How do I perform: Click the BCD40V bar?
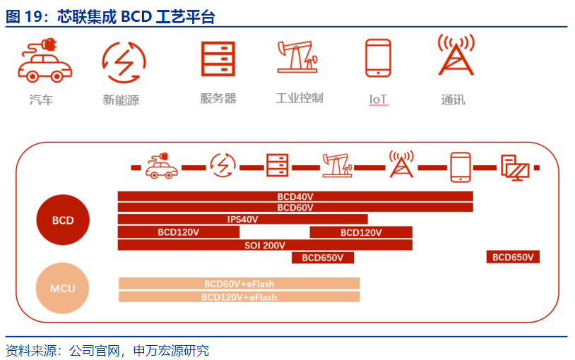coord(295,196)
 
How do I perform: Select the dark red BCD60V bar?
coord(295,207)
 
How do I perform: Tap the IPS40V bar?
coord(242,219)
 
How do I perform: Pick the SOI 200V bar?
coord(265,245)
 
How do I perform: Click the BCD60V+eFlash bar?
coord(239,283)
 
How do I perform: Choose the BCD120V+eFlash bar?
coord(239,296)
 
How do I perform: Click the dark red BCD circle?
coord(63,220)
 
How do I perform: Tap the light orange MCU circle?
coord(62,288)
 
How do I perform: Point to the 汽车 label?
coord(42,100)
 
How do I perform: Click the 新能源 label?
coord(121,100)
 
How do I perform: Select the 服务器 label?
coord(218,98)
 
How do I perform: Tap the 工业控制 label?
coord(300,98)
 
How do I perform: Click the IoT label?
coord(378,99)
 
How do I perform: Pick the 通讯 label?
coord(454,100)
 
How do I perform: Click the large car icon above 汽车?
coord(45,61)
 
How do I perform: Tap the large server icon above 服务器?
coord(218,59)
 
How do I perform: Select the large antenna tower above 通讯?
coord(456,55)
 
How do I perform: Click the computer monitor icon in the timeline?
coord(515,167)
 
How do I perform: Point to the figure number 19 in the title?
coord(34,16)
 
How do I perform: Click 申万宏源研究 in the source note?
coord(171,350)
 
